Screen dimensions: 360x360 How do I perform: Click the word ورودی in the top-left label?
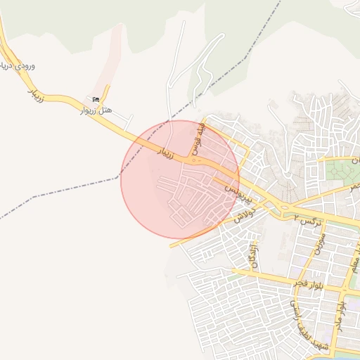25,66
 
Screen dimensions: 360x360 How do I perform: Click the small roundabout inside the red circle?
195,161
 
